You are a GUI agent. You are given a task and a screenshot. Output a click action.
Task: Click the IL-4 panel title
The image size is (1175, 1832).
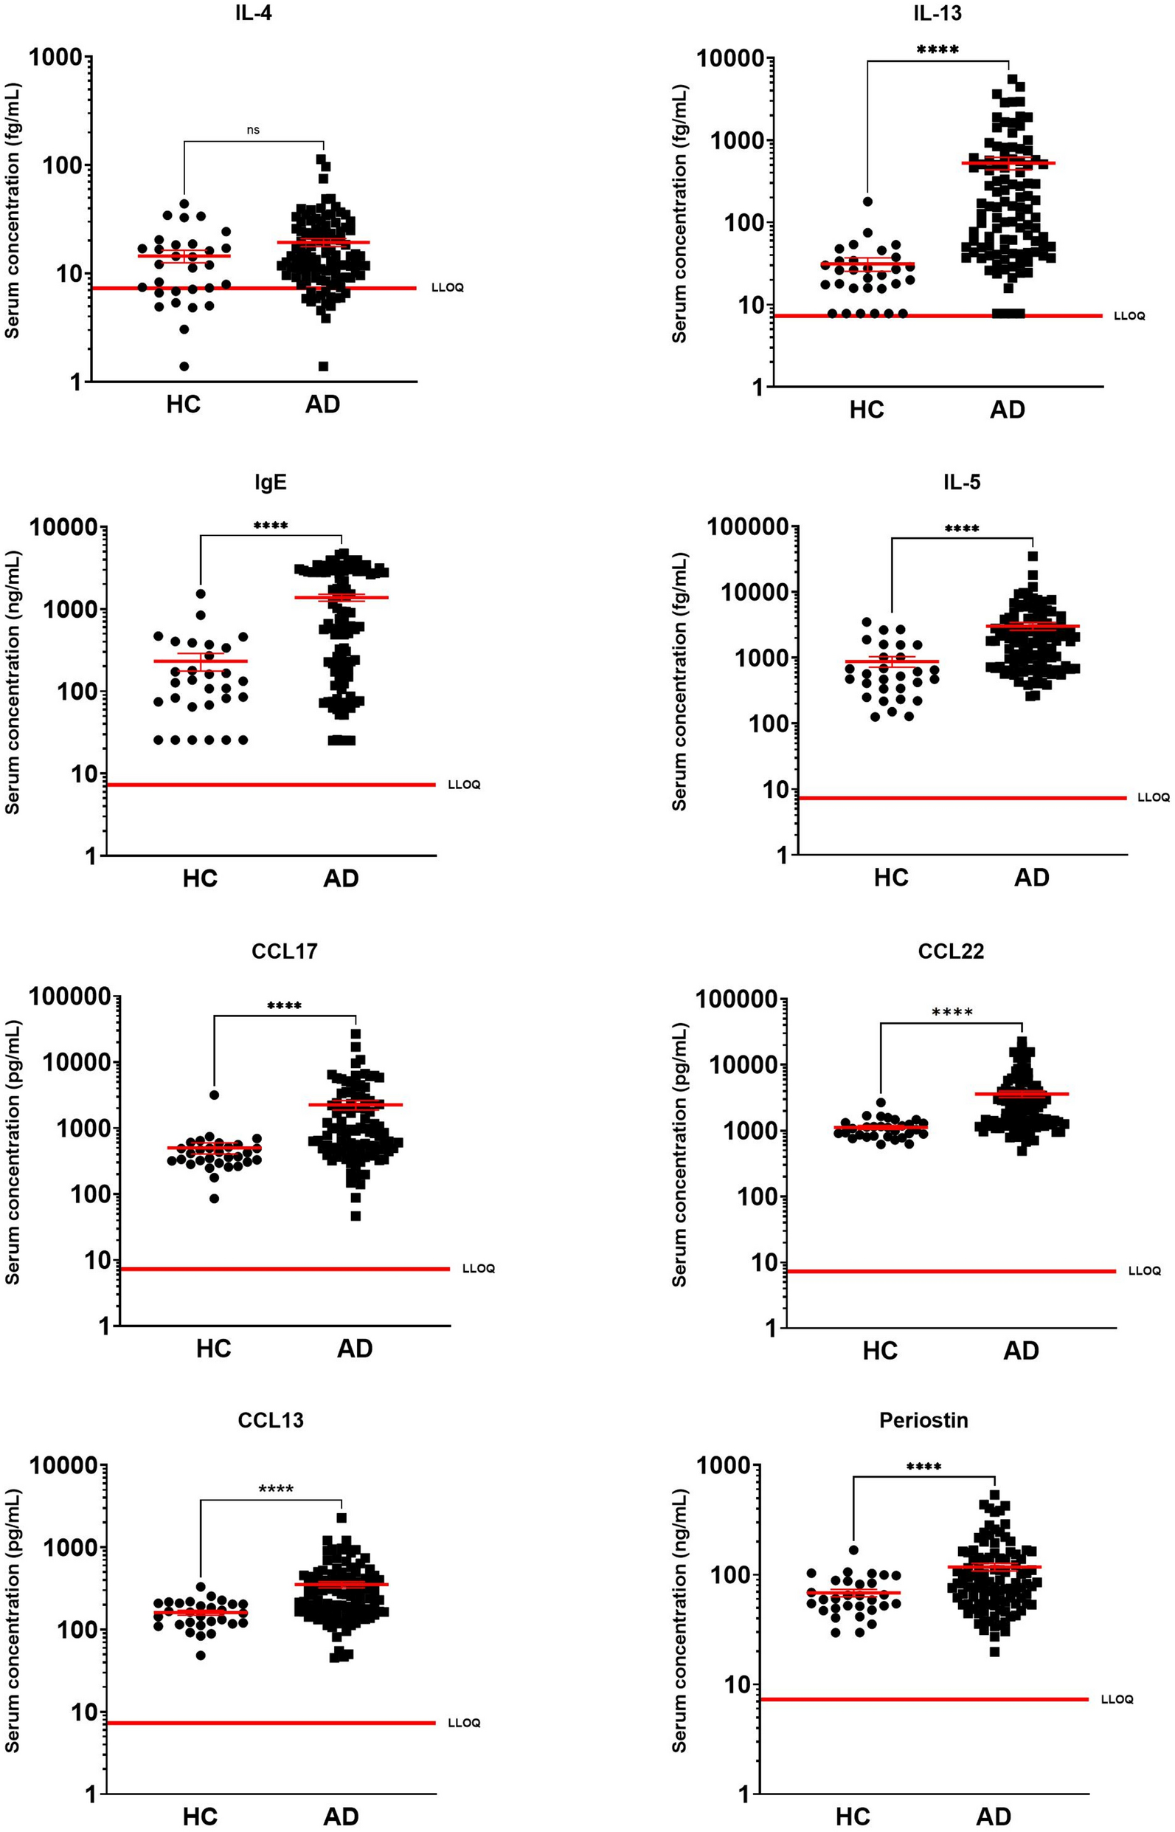pyautogui.click(x=253, y=13)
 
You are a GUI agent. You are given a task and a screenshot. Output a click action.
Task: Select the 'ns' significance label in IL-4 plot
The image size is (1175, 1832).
pyautogui.click(x=253, y=130)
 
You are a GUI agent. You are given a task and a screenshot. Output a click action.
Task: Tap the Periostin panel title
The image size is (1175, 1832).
pyautogui.click(x=923, y=1420)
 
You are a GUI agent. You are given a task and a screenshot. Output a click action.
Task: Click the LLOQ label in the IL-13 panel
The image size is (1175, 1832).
pyautogui.click(x=1129, y=316)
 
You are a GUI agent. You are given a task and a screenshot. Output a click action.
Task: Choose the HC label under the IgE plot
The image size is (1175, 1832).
pyautogui.click(x=200, y=878)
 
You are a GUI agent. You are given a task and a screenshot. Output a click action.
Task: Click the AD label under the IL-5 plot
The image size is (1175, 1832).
pyautogui.click(x=1032, y=878)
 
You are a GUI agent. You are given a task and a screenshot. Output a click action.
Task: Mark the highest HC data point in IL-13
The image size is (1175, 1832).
pyautogui.click(x=867, y=202)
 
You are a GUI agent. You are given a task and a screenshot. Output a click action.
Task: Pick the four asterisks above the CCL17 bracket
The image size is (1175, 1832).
pyautogui.click(x=284, y=1005)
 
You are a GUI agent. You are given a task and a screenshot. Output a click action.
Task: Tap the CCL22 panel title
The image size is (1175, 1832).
pyautogui.click(x=951, y=951)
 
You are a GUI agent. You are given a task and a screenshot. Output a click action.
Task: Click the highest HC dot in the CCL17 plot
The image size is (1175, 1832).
pyautogui.click(x=215, y=1095)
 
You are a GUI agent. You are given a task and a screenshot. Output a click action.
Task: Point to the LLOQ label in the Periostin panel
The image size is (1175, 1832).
pyautogui.click(x=1116, y=1699)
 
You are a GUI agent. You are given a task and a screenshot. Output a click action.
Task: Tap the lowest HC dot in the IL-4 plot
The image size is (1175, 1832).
pyautogui.click(x=184, y=366)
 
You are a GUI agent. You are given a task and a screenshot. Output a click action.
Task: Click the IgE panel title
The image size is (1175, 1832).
pyautogui.click(x=271, y=483)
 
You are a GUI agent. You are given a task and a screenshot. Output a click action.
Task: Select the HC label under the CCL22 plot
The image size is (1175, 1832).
pyautogui.click(x=880, y=1350)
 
